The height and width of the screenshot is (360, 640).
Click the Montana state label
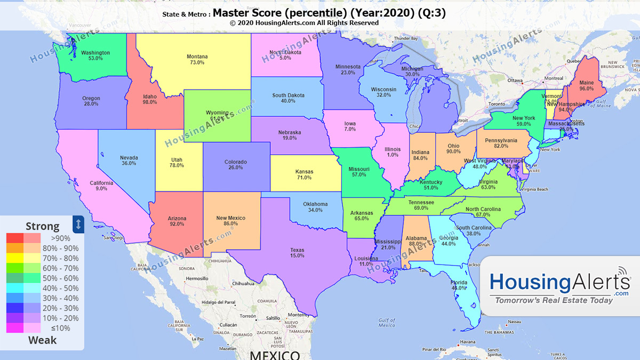tap(197, 56)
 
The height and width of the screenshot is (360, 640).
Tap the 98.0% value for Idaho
tap(150, 102)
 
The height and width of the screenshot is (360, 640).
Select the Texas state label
tap(297, 250)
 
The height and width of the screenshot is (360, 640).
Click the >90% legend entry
tap(60, 238)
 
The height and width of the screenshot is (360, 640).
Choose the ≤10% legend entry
tap(60, 328)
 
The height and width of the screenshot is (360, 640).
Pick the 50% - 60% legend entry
tap(64, 278)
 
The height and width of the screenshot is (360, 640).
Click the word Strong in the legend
tap(42, 227)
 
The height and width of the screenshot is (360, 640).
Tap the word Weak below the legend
tap(42, 340)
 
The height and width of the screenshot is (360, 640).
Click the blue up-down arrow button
tap(78, 224)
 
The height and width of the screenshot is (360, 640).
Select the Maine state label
tap(586, 83)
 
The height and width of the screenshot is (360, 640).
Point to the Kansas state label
tap(304, 172)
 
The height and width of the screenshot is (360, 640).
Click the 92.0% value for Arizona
tap(177, 224)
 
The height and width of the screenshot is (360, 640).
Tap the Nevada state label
tap(129, 157)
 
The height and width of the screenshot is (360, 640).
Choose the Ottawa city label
tap(515, 81)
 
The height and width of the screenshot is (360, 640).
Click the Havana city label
tap(468, 342)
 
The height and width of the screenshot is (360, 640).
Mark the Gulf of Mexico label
tap(387, 322)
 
